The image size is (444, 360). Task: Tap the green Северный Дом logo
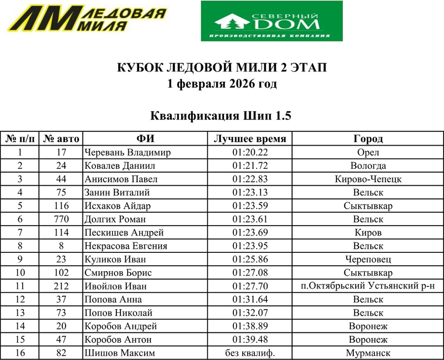[271, 21]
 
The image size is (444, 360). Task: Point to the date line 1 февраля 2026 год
[222, 84]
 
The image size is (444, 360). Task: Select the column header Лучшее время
[250, 139]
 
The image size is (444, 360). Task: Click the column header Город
[368, 139]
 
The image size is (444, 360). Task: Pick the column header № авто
[61, 139]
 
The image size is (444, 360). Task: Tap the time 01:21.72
[250, 166]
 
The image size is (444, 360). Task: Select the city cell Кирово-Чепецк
[368, 179]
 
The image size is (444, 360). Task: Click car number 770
[61, 219]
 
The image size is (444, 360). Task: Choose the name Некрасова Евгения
[126, 246]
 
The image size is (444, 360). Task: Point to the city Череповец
[368, 259]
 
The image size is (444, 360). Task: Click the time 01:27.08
[250, 273]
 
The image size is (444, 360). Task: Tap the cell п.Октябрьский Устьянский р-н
[368, 286]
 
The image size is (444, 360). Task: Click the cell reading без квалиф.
[250, 353]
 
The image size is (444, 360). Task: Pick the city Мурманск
[368, 353]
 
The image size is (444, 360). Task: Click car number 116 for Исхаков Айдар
[61, 206]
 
